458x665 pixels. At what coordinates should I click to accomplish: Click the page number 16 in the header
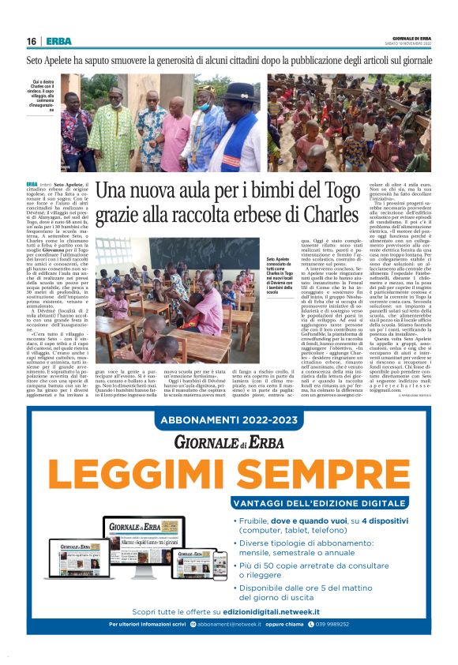pyautogui.click(x=31, y=41)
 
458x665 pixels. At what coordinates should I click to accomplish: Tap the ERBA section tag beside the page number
pyautogui.click(x=58, y=41)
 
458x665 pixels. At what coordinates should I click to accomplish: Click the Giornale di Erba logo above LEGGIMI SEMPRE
pyautogui.click(x=228, y=442)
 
